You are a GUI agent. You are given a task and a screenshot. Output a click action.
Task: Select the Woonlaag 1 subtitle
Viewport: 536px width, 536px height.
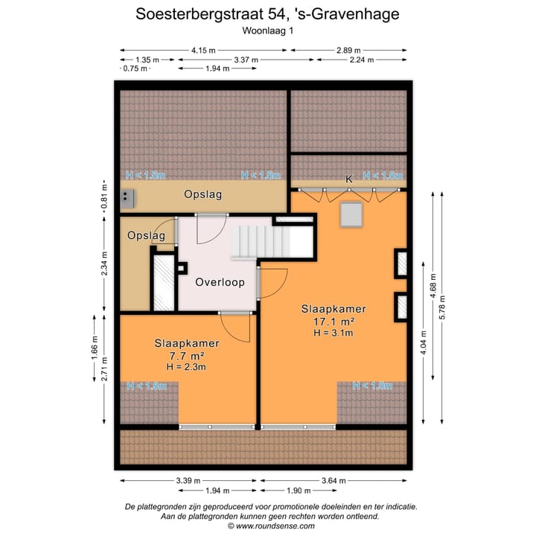pos(268,31)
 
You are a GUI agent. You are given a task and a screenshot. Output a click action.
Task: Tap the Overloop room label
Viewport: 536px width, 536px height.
pos(220,283)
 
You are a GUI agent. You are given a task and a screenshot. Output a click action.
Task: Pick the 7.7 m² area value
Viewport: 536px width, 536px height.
pos(186,356)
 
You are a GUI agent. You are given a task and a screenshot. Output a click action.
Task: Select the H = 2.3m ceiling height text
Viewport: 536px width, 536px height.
pos(186,367)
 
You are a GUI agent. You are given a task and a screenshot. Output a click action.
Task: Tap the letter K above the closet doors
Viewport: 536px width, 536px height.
pos(348,179)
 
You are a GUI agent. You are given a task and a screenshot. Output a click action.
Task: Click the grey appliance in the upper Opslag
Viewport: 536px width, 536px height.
pos(129,197)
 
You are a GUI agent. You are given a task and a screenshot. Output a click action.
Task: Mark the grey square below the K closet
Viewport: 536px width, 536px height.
pos(351,214)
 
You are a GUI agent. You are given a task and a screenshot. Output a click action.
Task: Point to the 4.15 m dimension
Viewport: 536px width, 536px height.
pos(202,51)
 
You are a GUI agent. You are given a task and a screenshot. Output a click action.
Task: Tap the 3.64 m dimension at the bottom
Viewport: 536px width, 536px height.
pos(334,480)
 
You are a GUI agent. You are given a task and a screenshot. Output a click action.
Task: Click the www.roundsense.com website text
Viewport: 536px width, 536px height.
pos(275,526)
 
